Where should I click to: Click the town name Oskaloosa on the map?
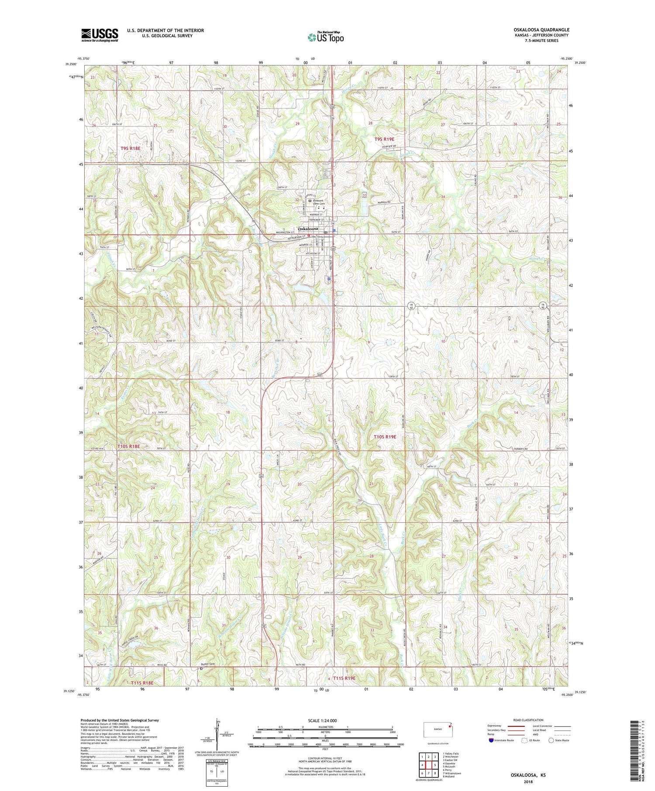pos(308,229)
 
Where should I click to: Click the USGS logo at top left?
pos(100,35)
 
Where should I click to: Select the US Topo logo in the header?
pos(326,38)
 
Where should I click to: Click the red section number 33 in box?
pos(364,195)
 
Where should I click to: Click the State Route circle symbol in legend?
pos(551,740)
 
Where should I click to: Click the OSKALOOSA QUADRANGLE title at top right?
pos(541,30)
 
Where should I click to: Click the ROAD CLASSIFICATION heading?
pos(528,720)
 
